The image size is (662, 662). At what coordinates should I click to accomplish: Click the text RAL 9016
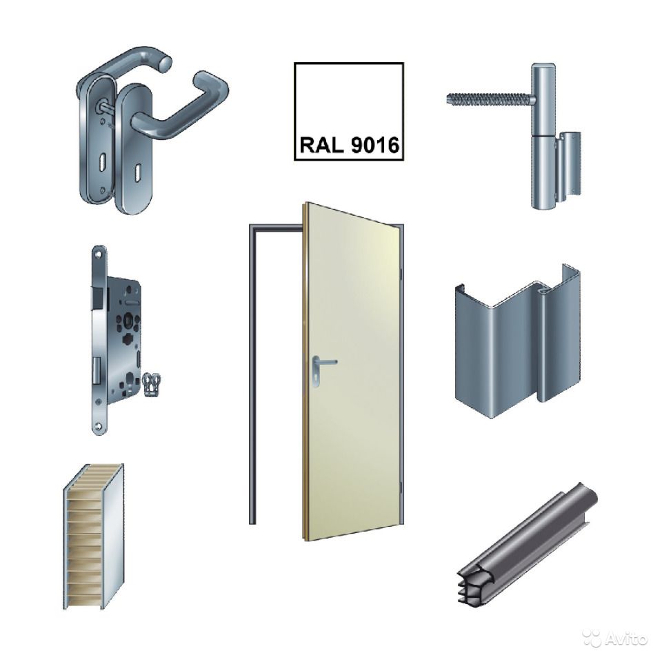point(349,145)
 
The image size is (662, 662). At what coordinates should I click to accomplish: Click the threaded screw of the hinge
point(490,99)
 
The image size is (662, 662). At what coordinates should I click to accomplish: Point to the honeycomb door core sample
point(94,536)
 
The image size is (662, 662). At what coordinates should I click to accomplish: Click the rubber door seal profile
point(528,544)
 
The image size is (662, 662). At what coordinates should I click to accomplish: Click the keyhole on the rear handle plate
point(102,163)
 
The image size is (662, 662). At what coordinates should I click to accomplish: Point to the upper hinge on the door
point(401,274)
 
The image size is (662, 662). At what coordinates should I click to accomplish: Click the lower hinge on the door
point(401,486)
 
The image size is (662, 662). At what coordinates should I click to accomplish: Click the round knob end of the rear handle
point(165,63)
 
